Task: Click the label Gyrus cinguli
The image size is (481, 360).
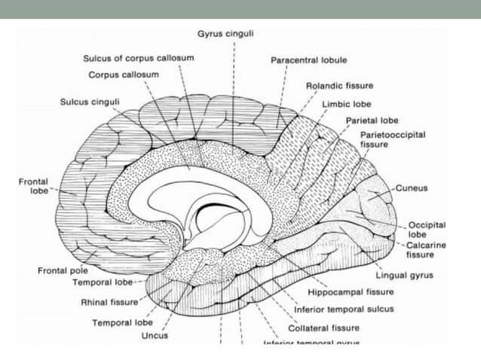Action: [233, 34]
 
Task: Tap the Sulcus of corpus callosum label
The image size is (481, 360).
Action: [139, 59]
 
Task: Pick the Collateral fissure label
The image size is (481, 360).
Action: [323, 328]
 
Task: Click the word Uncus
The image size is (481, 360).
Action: [154, 336]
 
